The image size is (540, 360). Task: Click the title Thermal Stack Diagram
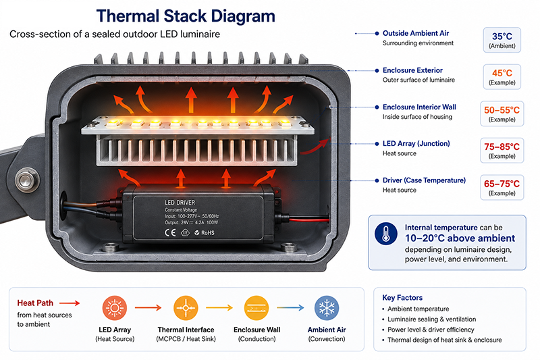(186, 16)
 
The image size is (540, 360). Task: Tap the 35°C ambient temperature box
(502, 40)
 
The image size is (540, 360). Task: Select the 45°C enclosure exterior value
(502, 73)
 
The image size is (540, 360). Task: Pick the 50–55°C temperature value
(502, 110)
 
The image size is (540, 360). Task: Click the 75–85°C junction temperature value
(502, 147)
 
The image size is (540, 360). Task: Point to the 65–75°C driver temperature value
(502, 184)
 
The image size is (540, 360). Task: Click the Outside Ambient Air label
(416, 33)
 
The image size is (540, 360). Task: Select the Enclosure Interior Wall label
(419, 107)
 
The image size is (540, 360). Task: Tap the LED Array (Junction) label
(416, 143)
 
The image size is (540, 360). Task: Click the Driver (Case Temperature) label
(424, 180)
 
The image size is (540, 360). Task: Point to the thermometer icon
(385, 233)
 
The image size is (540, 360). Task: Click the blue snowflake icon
(327, 307)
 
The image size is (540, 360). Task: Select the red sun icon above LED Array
(115, 307)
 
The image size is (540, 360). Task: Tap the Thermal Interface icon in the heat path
(186, 307)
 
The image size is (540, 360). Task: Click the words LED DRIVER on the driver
(180, 203)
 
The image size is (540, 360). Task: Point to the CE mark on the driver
(170, 232)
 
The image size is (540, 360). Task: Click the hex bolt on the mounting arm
(27, 180)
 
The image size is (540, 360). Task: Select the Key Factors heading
(402, 298)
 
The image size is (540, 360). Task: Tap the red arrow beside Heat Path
(70, 303)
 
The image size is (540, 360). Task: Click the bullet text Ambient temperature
(418, 309)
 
